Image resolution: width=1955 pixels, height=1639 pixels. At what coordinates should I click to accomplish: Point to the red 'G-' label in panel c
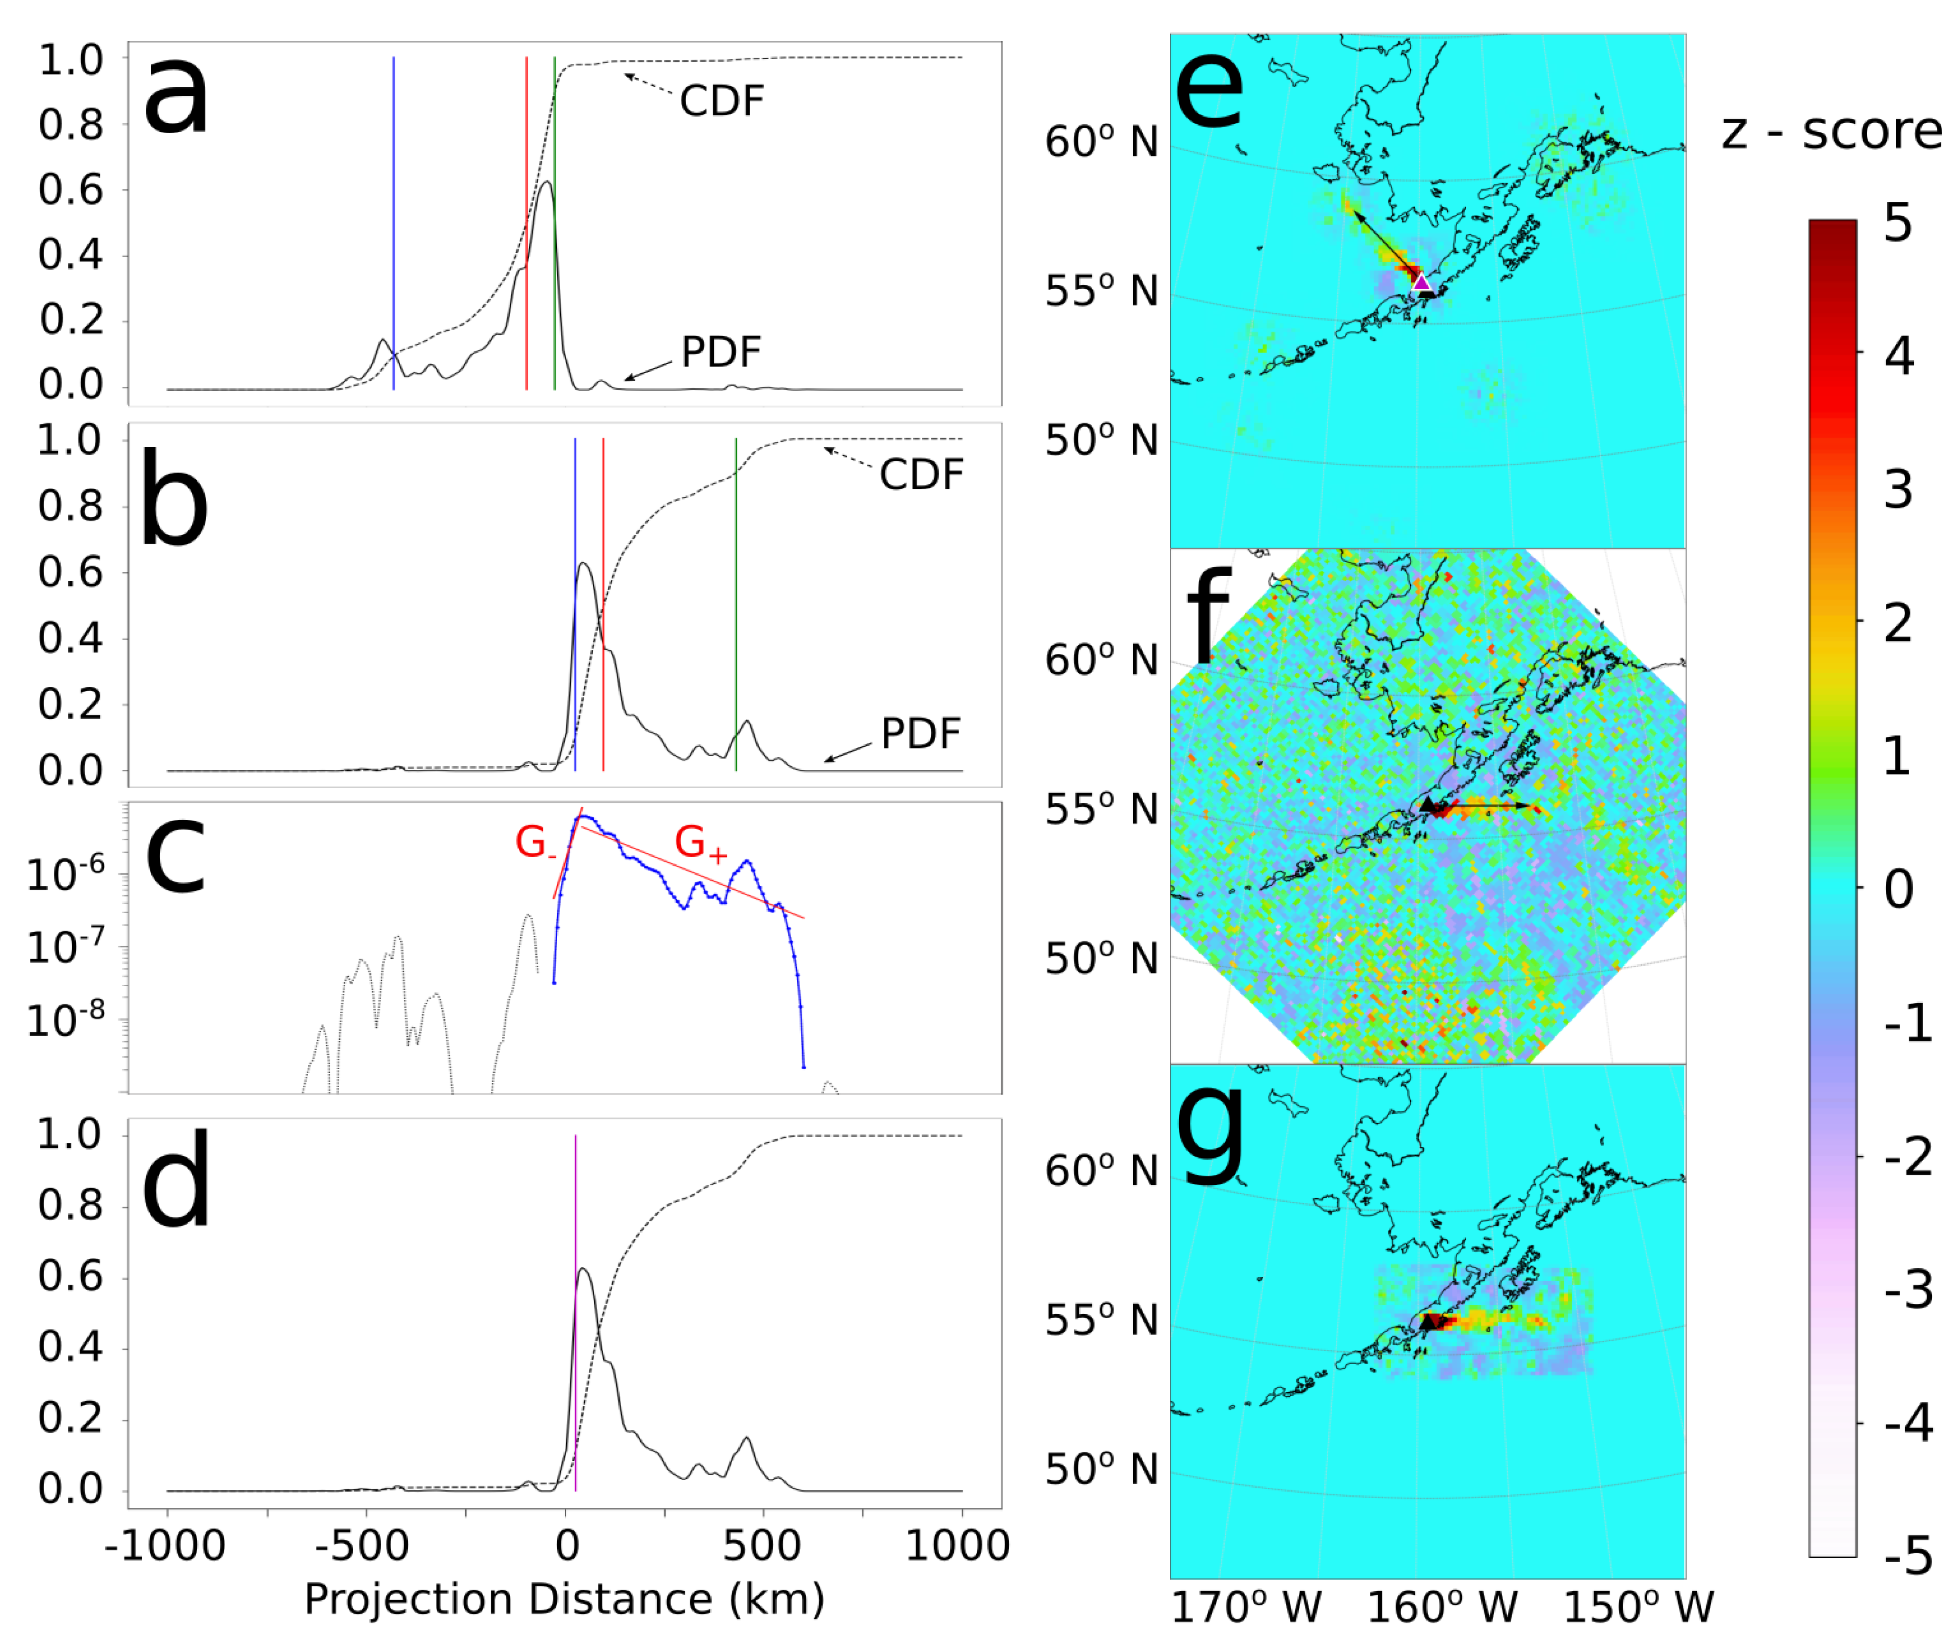point(535,843)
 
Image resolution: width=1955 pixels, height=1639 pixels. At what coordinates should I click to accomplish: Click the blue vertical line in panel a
point(394,223)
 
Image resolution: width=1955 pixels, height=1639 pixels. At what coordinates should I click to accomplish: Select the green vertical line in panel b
point(735,605)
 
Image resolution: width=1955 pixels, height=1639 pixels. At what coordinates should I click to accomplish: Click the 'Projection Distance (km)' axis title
point(564,1599)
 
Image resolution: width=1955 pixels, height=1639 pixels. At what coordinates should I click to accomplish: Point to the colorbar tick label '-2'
point(1907,1157)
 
